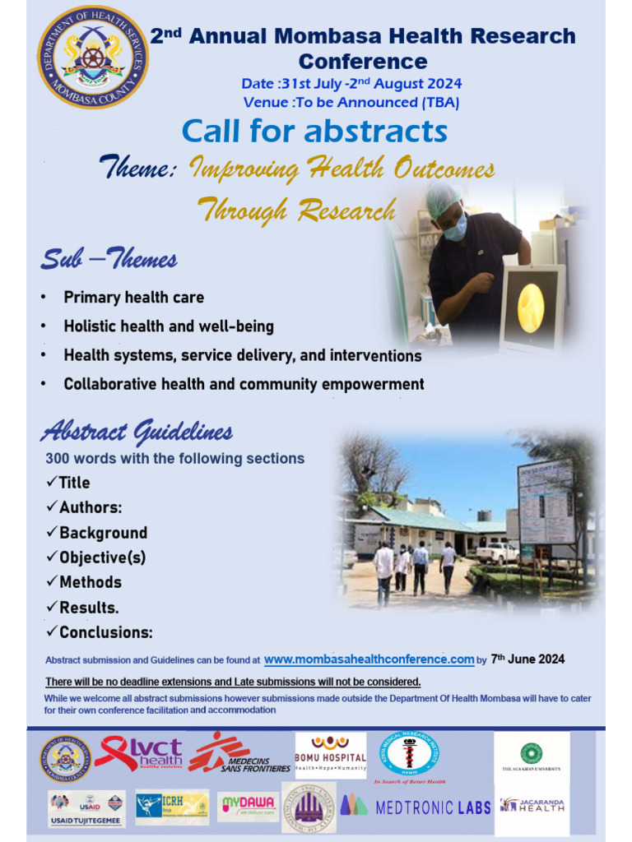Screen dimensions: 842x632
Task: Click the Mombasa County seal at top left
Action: pos(93,58)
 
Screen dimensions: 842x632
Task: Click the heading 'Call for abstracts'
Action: pos(314,132)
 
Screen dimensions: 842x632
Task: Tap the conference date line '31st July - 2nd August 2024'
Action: pos(351,84)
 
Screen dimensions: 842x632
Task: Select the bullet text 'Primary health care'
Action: pos(133,298)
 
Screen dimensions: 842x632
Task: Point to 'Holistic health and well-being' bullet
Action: pos(169,326)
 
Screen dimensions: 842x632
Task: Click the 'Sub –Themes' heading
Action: pos(109,261)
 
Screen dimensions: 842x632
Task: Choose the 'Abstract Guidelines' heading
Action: pos(137,432)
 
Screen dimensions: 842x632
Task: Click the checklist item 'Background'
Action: pos(103,533)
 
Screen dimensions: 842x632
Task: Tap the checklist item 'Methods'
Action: pos(90,582)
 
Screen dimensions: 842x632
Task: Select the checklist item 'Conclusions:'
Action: pos(105,632)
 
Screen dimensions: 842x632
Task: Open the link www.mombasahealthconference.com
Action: pos(369,659)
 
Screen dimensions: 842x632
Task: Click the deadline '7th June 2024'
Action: pos(527,659)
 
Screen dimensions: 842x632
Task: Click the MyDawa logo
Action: pos(248,807)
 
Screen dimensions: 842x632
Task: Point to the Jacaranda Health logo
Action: pos(532,805)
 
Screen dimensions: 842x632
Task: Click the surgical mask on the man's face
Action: pos(456,227)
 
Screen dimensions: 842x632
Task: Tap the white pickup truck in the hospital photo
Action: pos(497,552)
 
